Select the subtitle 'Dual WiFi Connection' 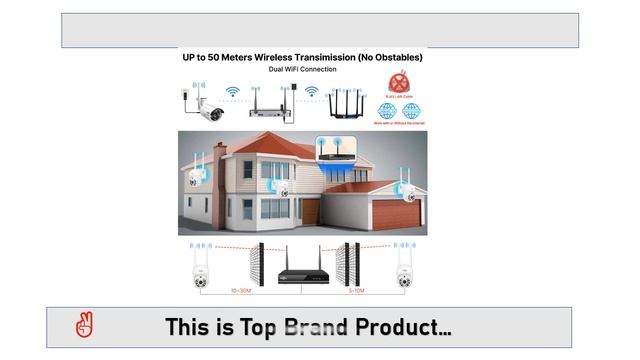click(301, 70)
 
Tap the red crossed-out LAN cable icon click(399, 83)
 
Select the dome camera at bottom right click(405, 268)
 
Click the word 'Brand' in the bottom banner click(317, 327)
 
